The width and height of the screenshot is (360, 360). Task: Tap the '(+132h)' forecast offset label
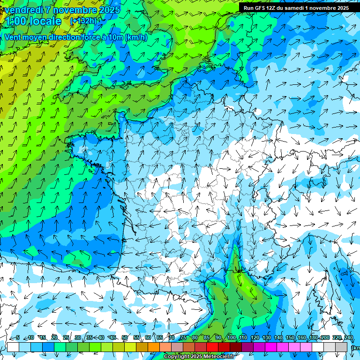[x=83, y=21]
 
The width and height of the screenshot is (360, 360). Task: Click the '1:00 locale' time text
[x=33, y=21]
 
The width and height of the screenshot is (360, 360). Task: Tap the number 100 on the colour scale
[x=231, y=338]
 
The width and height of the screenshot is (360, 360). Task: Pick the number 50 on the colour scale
[x=125, y=338]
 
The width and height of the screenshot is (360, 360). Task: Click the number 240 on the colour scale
[x=348, y=338]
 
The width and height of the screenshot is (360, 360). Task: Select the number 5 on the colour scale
[x=18, y=338]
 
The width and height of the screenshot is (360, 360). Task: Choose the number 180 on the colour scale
[x=313, y=338]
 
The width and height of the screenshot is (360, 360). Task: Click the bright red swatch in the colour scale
[x=212, y=347]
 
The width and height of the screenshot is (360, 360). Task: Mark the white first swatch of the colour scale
[x=13, y=347]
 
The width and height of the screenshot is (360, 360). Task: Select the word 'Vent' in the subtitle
[x=13, y=37]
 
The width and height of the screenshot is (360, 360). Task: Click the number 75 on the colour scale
[x=183, y=338]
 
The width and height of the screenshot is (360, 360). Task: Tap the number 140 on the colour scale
[x=278, y=338]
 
